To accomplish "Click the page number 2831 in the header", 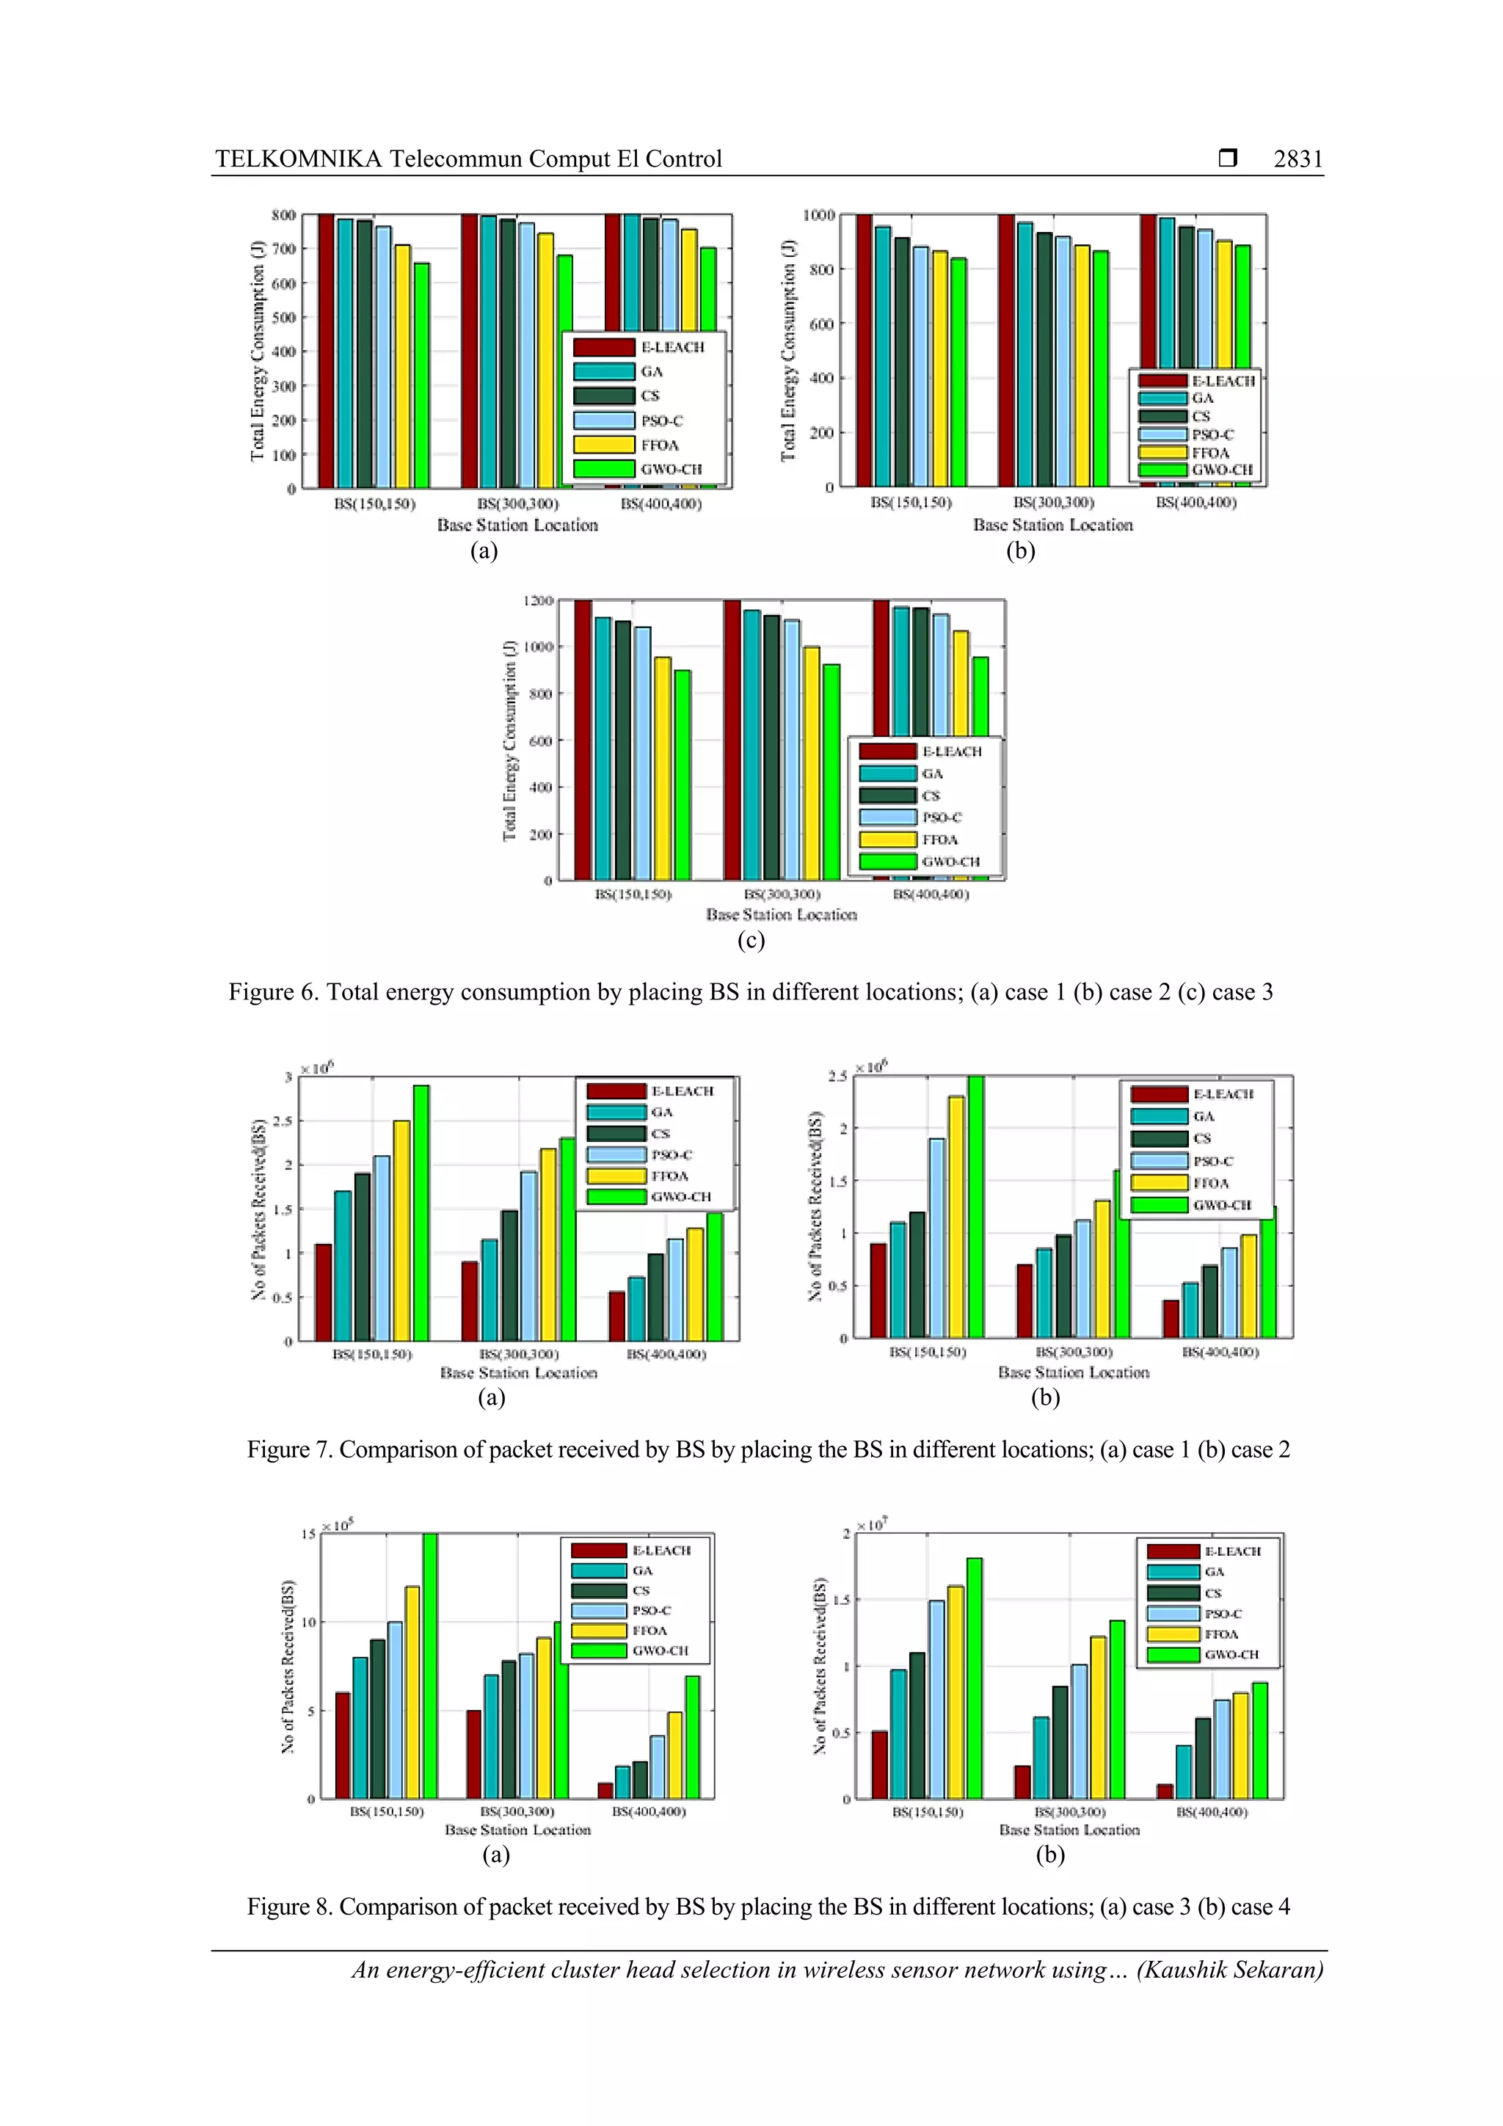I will pyautogui.click(x=1298, y=159).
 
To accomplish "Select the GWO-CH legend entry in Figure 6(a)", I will pyautogui.click(x=671, y=470).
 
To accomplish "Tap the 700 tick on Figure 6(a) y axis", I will pyautogui.click(x=283, y=249).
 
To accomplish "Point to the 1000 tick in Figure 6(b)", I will pyautogui.click(x=818, y=216).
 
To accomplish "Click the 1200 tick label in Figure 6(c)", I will pyautogui.click(x=538, y=601).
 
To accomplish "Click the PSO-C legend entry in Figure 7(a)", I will pyautogui.click(x=672, y=1154).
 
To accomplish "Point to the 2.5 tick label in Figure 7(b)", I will pyautogui.click(x=837, y=1076).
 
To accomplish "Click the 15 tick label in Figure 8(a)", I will pyautogui.click(x=308, y=1535).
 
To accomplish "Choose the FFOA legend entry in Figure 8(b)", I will pyautogui.click(x=1220, y=1634).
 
